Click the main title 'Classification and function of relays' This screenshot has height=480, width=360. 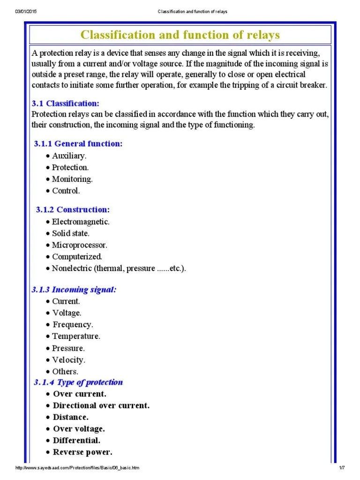tap(180, 35)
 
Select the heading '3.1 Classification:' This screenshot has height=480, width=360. tap(65, 104)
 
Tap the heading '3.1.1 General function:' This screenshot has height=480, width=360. tap(78, 143)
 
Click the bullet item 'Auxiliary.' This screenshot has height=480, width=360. tap(69, 156)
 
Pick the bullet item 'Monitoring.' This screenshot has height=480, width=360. tap(72, 179)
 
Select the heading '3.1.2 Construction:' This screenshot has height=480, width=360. tap(73, 210)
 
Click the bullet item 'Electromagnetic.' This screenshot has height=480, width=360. tap(81, 222)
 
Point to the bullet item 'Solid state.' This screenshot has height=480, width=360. tap(70, 233)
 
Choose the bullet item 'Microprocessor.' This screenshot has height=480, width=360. tap(79, 245)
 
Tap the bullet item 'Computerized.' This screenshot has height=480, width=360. tap(77, 257)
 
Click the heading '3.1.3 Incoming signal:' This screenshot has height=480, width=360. tap(74, 290)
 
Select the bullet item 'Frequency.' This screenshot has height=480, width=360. tap(73, 324)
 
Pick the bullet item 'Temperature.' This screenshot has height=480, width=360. tap(76, 336)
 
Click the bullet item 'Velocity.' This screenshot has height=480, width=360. tap(69, 360)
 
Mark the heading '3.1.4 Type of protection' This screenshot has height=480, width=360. tap(78, 382)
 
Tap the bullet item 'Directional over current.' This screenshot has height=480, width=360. tap(101, 405)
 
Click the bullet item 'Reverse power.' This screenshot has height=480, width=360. tap(82, 452)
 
